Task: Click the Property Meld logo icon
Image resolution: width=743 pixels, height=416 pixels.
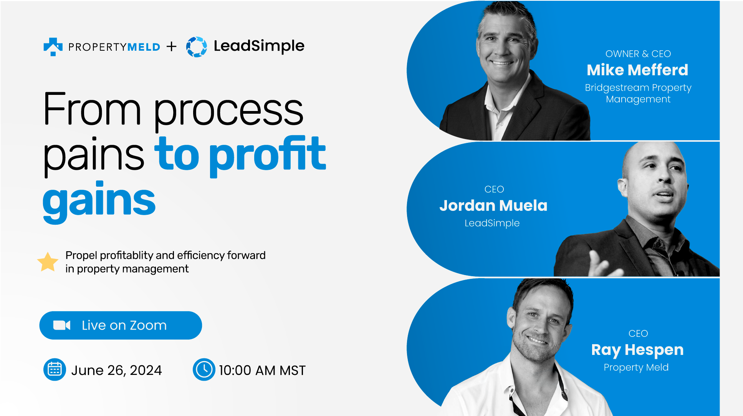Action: (53, 46)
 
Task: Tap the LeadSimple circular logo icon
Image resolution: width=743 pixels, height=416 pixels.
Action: (197, 47)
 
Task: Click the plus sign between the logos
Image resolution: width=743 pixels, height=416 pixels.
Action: (172, 46)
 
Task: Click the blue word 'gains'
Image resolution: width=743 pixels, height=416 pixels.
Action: (99, 202)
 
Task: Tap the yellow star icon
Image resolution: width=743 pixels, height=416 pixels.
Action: (48, 262)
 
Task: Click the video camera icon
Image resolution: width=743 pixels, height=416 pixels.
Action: (61, 325)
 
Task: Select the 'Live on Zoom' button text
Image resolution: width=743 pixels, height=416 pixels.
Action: (124, 325)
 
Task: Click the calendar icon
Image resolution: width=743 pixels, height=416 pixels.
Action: (55, 370)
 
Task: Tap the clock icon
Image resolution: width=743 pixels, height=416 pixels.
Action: (204, 370)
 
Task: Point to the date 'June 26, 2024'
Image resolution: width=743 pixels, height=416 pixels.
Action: (117, 370)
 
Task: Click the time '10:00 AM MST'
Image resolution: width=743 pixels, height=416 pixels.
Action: (262, 370)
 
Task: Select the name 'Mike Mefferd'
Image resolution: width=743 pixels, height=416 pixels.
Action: (637, 70)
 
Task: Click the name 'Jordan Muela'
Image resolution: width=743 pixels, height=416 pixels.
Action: (493, 206)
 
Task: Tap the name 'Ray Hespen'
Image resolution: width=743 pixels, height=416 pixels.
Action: (637, 350)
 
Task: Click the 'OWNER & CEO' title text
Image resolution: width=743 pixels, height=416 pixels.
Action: (638, 54)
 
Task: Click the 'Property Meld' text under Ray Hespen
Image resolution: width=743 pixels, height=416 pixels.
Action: (636, 368)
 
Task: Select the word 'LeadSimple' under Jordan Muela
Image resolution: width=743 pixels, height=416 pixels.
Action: (492, 223)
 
